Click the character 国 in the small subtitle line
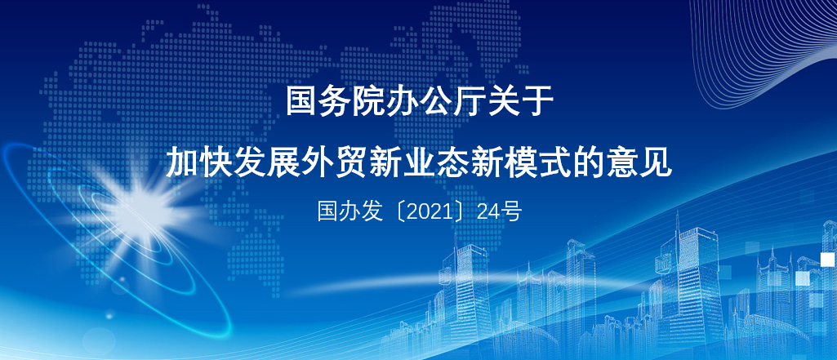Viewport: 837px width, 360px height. pos(327,212)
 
